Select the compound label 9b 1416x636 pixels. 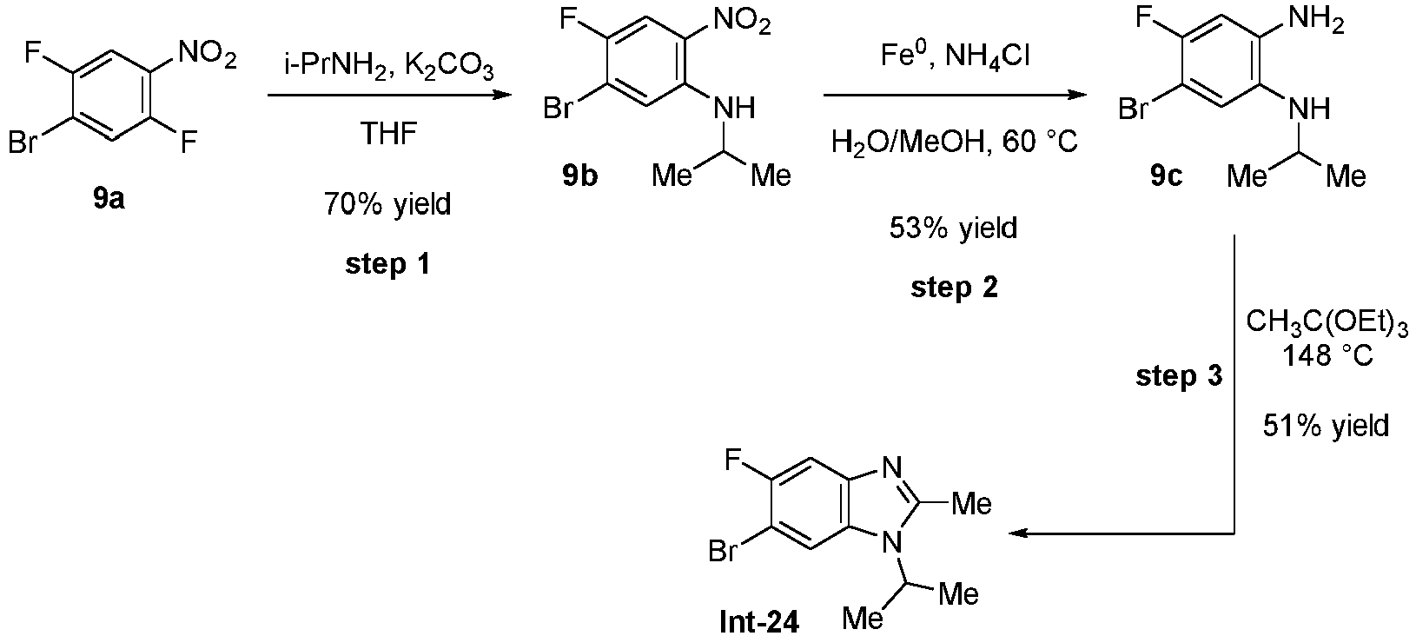pyautogui.click(x=580, y=176)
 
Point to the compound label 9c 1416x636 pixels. pyautogui.click(x=1165, y=176)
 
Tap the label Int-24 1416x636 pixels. pyautogui.click(x=758, y=621)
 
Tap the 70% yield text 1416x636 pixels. pyautogui.click(x=387, y=205)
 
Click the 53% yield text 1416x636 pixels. pyautogui.click(x=953, y=229)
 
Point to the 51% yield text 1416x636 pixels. pyautogui.click(x=1325, y=426)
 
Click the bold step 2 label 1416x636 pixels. pyautogui.click(x=954, y=288)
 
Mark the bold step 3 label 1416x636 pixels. pyautogui.click(x=1179, y=376)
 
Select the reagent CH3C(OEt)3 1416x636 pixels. pyautogui.click(x=1326, y=323)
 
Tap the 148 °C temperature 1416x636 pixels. pyautogui.click(x=1326, y=356)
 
